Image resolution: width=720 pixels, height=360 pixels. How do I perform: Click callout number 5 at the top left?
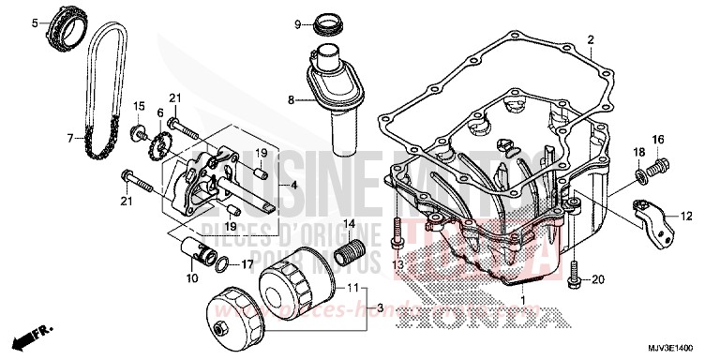point(35,22)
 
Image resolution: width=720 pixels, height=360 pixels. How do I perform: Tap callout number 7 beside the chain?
point(69,138)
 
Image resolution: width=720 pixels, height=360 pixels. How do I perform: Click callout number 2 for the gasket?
point(592,39)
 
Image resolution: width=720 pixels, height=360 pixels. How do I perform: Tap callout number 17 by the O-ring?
point(249,264)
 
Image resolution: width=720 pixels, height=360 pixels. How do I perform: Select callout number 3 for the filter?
point(381,308)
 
